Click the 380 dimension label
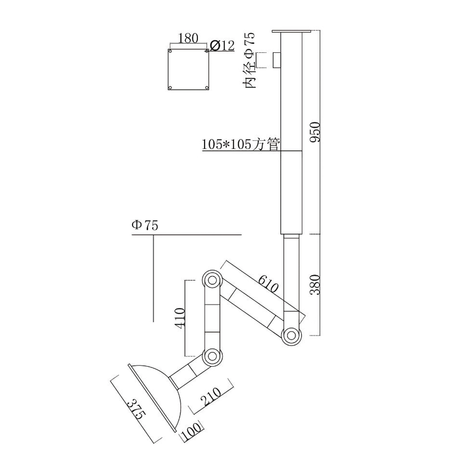click(315, 284)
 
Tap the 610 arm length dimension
click(268, 284)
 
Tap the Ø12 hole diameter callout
click(222, 45)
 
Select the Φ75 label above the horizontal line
click(144, 225)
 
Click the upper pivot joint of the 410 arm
click(212, 280)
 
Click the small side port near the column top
click(276, 60)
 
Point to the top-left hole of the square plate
click(170, 52)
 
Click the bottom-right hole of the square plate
click(207, 87)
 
